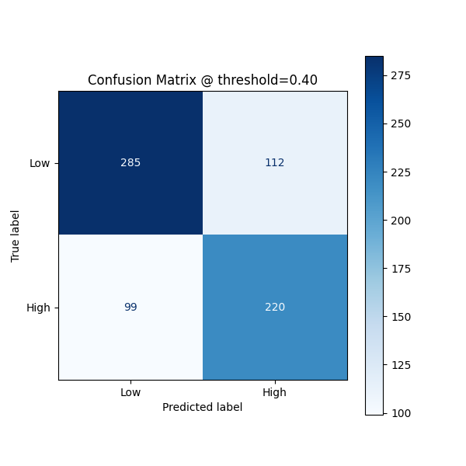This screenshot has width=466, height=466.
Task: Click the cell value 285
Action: coord(130,163)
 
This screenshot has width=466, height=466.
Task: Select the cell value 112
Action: coord(274,163)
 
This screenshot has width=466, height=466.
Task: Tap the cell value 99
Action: coord(130,308)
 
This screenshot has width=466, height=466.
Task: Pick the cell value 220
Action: coord(274,308)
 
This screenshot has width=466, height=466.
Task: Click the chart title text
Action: coord(202,80)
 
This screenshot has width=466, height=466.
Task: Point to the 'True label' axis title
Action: coord(16,235)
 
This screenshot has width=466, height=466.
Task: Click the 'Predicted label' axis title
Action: coord(202,407)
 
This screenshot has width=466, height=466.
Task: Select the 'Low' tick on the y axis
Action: coord(40,163)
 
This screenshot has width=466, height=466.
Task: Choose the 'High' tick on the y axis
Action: coord(38,308)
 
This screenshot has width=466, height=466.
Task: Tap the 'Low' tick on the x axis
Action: coord(130,392)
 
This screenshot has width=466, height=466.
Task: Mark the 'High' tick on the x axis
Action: coord(274,392)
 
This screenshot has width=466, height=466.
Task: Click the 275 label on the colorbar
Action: coord(401,75)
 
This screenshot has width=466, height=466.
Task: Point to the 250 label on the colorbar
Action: coord(401,123)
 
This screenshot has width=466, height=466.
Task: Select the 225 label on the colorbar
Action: coord(401,172)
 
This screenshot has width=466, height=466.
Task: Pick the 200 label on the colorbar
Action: coord(401,221)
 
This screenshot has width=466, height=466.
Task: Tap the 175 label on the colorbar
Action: coord(401,269)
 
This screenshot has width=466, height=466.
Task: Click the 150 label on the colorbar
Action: coord(401,317)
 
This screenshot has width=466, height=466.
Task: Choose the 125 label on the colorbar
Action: coord(401,365)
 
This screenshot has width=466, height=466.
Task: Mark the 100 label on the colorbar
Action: coord(401,413)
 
